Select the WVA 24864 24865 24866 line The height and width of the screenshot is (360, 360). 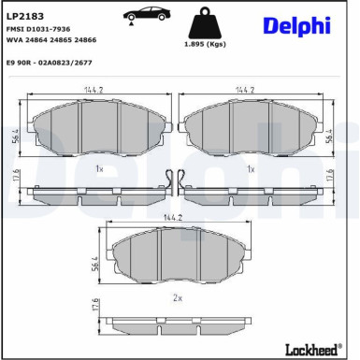tap(50, 42)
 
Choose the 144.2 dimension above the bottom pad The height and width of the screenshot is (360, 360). tap(173, 217)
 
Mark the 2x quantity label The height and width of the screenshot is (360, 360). tap(177, 297)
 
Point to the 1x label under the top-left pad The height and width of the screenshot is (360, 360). tap(99, 169)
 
